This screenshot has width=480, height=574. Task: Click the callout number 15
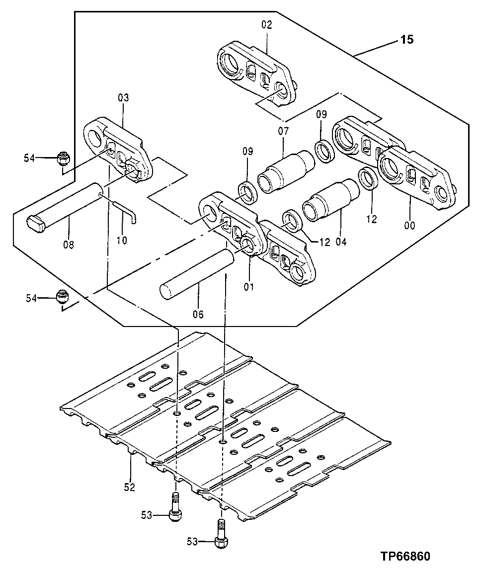click(x=406, y=40)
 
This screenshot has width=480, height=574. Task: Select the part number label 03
click(x=123, y=97)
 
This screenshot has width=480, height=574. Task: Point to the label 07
click(x=283, y=132)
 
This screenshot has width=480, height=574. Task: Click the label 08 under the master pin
click(x=69, y=245)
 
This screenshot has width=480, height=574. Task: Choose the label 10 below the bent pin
click(x=122, y=241)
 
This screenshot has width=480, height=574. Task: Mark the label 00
click(x=409, y=226)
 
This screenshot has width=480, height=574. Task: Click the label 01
click(x=248, y=287)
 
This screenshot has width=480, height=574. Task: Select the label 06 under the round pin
click(x=198, y=314)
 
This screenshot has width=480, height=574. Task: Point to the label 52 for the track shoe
click(x=130, y=487)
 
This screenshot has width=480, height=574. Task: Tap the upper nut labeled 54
click(x=63, y=159)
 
